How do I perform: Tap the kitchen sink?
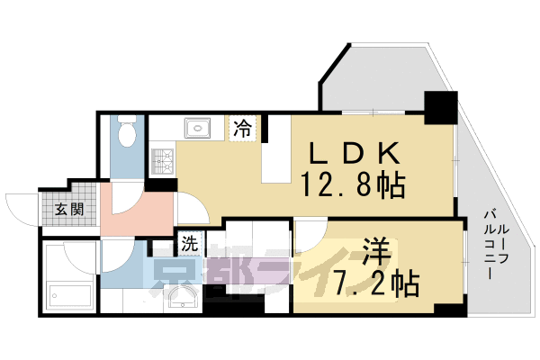197,128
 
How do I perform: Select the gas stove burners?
163,161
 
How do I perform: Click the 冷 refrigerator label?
243,128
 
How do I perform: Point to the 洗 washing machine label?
190,244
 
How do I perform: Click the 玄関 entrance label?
69,209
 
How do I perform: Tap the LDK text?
355,154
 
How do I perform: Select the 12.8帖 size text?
353,185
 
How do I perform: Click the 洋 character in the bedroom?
376,251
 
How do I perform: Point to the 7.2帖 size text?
376,283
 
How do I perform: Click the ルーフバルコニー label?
496,244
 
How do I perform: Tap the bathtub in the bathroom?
70,295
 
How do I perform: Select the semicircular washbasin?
183,297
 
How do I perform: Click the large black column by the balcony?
441,107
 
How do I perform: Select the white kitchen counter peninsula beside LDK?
276,148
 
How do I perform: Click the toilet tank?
127,119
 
